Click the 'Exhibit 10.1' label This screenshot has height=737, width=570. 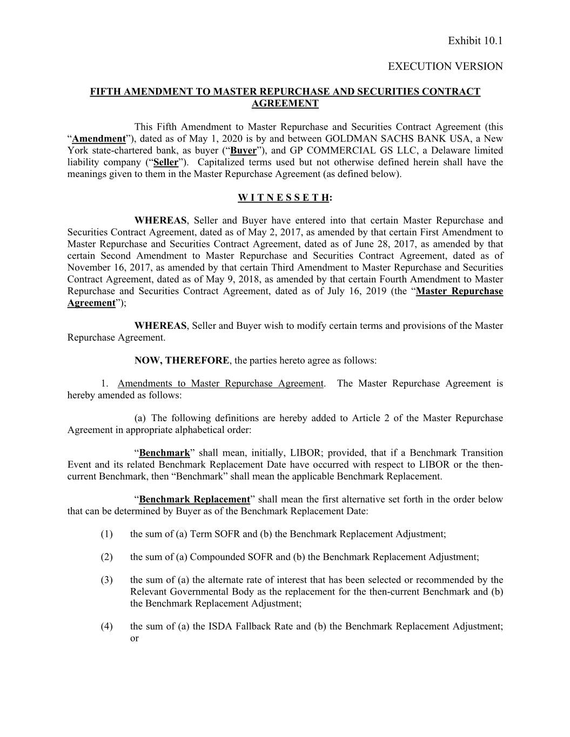click(x=475, y=41)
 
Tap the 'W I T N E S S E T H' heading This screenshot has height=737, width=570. click(x=283, y=197)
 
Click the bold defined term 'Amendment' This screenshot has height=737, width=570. click(x=99, y=139)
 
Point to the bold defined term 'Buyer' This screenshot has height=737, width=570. click(x=243, y=151)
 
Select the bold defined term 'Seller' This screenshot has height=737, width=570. click(x=165, y=163)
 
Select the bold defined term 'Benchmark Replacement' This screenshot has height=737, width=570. click(x=195, y=499)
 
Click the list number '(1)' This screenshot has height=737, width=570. click(x=106, y=535)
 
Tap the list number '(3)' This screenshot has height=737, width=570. click(x=106, y=580)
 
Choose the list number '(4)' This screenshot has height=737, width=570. click(x=106, y=627)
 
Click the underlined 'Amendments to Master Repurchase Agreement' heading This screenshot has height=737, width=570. click(x=220, y=384)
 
